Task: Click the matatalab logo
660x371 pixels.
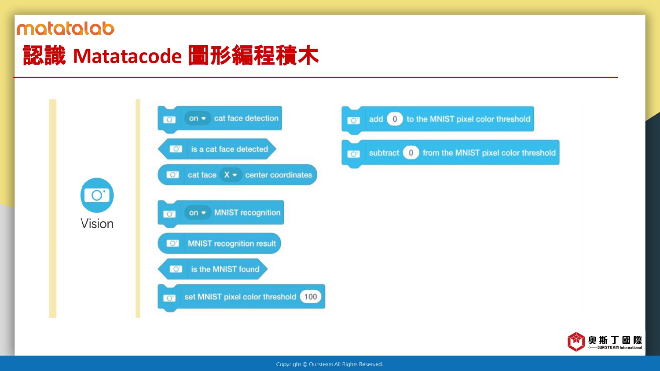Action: coord(66,29)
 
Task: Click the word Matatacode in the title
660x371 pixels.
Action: coord(127,56)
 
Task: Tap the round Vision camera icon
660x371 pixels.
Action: coord(97,195)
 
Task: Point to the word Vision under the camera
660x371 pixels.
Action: coord(97,224)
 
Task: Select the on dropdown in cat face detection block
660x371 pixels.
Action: coord(198,118)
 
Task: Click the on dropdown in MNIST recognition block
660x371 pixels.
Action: coord(198,213)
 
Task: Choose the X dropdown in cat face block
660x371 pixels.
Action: coord(231,175)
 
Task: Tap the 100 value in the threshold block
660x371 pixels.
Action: coord(311,297)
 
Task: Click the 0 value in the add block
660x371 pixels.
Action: coord(395,119)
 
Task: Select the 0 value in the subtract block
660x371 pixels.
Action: coord(411,153)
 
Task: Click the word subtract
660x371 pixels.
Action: coord(384,153)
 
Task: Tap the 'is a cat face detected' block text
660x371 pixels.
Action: coord(230,149)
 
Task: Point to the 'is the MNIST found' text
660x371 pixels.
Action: coord(225,269)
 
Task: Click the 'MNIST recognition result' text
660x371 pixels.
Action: coord(232,244)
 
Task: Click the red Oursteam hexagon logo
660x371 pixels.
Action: coord(576,342)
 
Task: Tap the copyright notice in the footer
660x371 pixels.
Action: coord(330,364)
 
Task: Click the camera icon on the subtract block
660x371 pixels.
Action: coord(354,154)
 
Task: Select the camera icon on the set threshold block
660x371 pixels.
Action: coord(169,298)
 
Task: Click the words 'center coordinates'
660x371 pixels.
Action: coord(279,175)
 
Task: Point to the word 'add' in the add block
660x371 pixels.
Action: coord(376,119)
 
